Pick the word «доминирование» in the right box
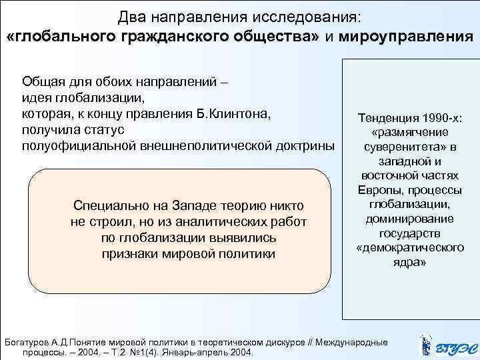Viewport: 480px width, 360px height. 410,219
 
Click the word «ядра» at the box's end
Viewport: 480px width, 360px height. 410,262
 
